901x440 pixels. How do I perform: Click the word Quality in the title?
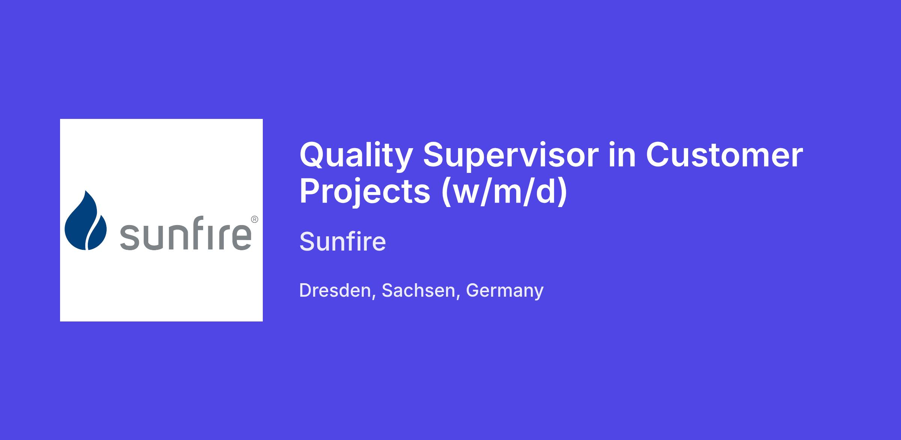pyautogui.click(x=356, y=156)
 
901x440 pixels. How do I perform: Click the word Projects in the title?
pyautogui.click(x=365, y=192)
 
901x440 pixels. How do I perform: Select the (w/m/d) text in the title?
pyautogui.click(x=504, y=192)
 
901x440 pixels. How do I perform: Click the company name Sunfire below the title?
pyautogui.click(x=342, y=241)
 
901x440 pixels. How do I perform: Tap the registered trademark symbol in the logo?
pyautogui.click(x=254, y=219)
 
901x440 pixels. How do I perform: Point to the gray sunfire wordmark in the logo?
pyautogui.click(x=185, y=233)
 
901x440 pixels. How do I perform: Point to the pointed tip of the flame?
pyautogui.click(x=86, y=191)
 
